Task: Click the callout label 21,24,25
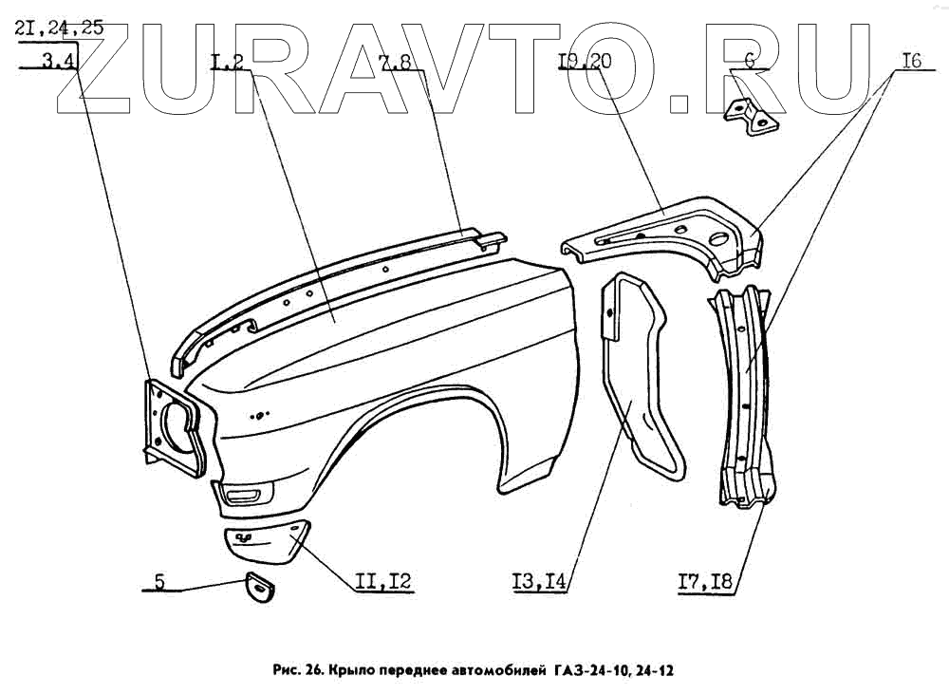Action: tap(60, 28)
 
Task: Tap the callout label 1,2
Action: tap(228, 65)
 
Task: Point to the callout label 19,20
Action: tap(586, 63)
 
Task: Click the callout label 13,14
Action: tap(538, 583)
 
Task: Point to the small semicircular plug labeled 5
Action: tap(260, 588)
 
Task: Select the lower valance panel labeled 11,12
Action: tap(266, 542)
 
